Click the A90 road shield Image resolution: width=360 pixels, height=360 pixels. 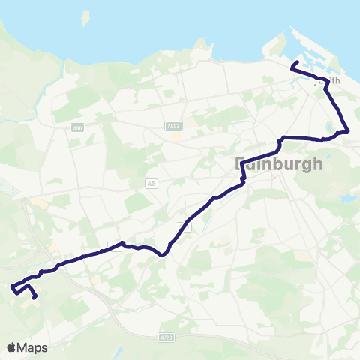[76, 128]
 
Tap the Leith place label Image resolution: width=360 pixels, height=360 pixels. [334, 80]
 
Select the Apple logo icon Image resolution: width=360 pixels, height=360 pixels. [12, 347]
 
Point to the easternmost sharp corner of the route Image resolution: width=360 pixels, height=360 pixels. [348, 132]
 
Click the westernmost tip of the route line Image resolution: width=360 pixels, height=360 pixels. [12, 286]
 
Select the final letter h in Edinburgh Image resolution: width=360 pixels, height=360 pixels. [318, 163]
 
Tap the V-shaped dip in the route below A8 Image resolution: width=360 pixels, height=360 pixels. [162, 254]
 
